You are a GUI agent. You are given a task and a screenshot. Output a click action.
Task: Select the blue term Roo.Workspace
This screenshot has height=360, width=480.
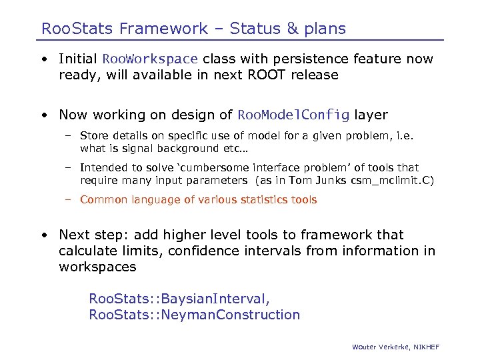[x=150, y=59]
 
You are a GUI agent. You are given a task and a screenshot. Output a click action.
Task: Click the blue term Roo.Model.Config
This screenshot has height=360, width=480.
[x=293, y=115]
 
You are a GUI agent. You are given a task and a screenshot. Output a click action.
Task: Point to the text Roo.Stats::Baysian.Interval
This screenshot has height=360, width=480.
[x=179, y=298]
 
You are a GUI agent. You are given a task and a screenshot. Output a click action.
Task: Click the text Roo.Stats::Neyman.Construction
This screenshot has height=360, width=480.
[x=195, y=315]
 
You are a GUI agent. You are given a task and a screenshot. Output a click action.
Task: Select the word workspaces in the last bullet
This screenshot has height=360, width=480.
[x=97, y=267]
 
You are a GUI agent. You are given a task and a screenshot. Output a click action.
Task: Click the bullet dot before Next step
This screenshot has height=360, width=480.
[x=43, y=235]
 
